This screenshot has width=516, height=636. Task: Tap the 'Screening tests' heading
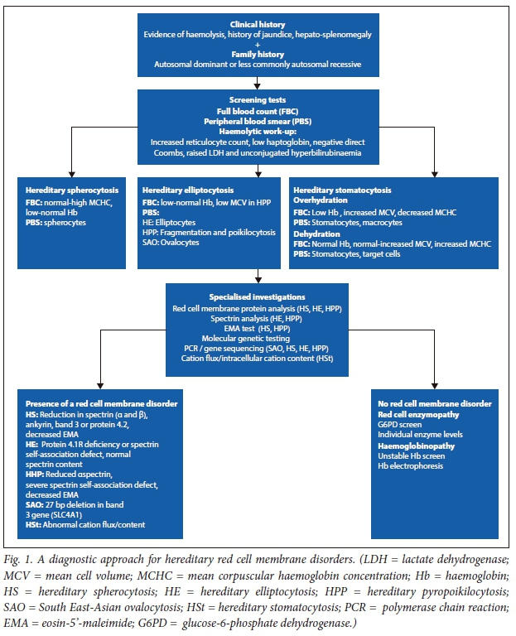pos(258,99)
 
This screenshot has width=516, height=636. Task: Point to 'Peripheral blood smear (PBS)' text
pos(258,120)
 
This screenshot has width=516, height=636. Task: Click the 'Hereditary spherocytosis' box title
pos(68,190)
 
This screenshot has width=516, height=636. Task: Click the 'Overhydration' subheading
pos(321,200)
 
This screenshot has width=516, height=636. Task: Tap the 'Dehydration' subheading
pos(318,233)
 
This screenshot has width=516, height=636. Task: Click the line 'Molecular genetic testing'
pos(258,339)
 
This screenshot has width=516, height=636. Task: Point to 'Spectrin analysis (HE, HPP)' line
pos(258,317)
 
